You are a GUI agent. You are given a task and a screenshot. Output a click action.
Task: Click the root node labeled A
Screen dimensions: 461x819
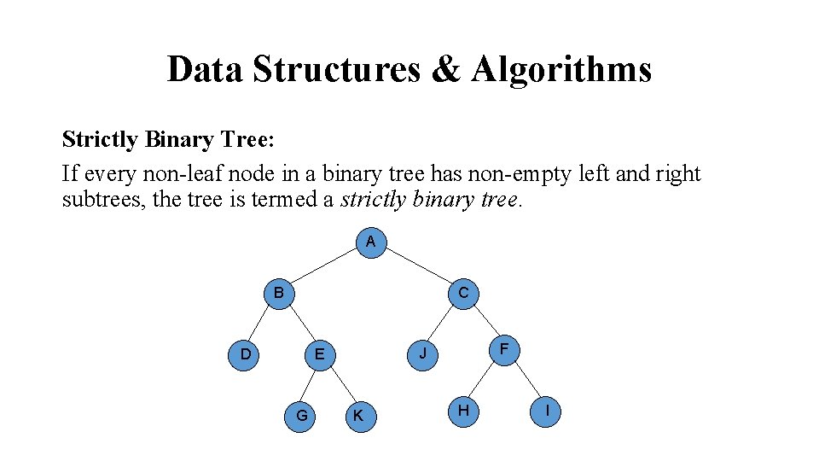pyautogui.click(x=370, y=242)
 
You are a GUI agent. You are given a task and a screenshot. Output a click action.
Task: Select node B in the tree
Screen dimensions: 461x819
pyautogui.click(x=278, y=294)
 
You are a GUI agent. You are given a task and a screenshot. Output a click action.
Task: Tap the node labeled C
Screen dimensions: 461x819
pyautogui.click(x=462, y=293)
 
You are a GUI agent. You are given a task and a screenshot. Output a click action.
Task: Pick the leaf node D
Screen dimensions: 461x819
pyautogui.click(x=245, y=353)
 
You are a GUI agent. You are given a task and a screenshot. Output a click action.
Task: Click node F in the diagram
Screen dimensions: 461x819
pyautogui.click(x=504, y=348)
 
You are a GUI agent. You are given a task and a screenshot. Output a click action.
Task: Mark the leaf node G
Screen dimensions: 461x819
pyautogui.click(x=301, y=416)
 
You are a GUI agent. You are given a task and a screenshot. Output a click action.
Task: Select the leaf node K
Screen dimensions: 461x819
pyautogui.click(x=358, y=416)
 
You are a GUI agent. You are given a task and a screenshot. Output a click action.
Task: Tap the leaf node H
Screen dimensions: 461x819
pyautogui.click(x=462, y=411)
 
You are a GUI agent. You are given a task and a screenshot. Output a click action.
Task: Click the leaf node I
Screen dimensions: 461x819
pyautogui.click(x=546, y=411)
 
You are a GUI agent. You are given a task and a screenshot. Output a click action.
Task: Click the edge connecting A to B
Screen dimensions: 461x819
pyautogui.click(x=324, y=267)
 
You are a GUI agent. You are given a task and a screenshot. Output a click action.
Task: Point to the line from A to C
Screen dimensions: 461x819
pyautogui.click(x=416, y=266)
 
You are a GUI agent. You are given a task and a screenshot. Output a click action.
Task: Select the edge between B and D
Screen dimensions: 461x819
pyautogui.click(x=261, y=324)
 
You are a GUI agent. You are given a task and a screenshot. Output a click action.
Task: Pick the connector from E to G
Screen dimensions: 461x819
pyautogui.click(x=310, y=385)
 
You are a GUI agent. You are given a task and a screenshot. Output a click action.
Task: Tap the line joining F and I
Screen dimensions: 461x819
pyautogui.click(x=526, y=380)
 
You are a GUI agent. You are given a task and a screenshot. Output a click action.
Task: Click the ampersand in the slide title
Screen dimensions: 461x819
pyautogui.click(x=444, y=68)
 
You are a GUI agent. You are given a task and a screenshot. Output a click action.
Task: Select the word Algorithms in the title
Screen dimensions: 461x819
pyautogui.click(x=561, y=68)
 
